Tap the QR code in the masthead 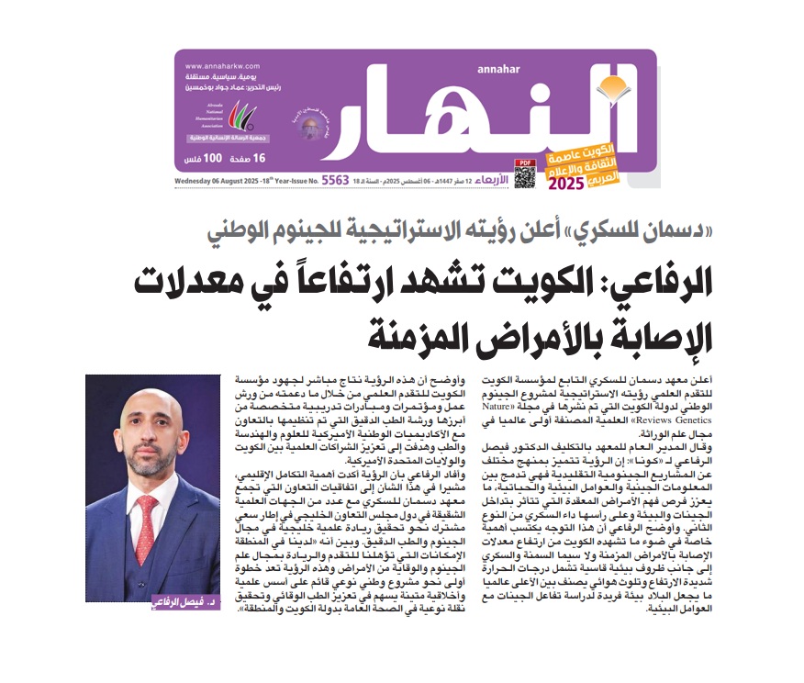(x=524, y=175)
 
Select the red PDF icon (x=525, y=162)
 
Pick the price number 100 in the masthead (x=213, y=159)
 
